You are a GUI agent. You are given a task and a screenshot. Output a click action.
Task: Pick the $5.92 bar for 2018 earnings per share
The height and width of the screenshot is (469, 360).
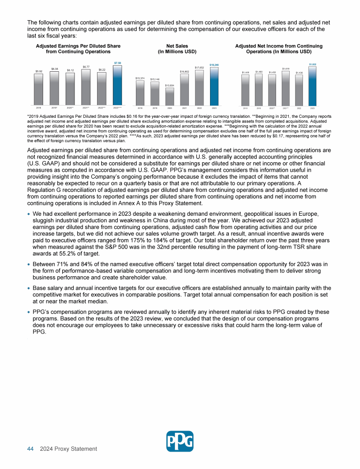[x=38, y=89]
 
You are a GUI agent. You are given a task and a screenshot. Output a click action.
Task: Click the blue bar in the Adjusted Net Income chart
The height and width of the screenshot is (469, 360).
[x=312, y=85]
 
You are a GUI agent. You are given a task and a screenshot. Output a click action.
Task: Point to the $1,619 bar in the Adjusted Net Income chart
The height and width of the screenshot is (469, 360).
[x=285, y=88]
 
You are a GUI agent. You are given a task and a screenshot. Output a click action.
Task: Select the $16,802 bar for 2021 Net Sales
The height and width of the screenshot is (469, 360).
[x=184, y=89]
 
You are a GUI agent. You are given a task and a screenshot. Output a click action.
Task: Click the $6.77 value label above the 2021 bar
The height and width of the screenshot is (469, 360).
[x=86, y=67]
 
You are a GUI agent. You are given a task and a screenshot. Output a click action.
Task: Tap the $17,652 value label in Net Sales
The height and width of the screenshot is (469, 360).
[x=199, y=68]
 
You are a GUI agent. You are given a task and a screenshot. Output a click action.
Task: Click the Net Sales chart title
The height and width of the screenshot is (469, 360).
[x=177, y=49]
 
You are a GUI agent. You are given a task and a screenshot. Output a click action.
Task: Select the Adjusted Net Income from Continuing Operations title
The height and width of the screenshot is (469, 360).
[x=278, y=49]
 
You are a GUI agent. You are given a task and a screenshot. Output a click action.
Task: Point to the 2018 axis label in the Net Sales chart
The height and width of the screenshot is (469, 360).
[x=140, y=107]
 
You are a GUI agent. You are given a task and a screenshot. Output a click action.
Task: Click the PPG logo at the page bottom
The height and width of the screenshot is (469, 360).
[x=180, y=441]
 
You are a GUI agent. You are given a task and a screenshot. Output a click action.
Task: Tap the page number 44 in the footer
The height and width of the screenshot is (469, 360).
[x=30, y=449]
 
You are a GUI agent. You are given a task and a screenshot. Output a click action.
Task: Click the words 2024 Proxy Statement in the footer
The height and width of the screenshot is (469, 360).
[x=68, y=449]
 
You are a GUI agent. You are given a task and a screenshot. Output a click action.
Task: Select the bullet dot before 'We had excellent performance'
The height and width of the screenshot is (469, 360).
[x=29, y=213]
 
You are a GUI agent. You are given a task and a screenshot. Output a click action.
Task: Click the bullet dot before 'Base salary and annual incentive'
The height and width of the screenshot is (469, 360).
[x=29, y=288]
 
